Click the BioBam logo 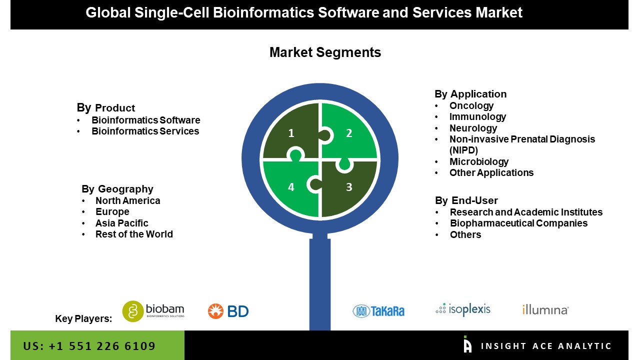(x=153, y=310)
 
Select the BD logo (x=228, y=311)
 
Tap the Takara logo (x=378, y=311)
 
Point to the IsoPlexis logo (x=463, y=309)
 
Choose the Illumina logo (x=545, y=310)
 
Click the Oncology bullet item (x=471, y=105)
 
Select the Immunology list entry (x=477, y=116)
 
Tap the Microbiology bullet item (x=478, y=161)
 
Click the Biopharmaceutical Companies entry (x=518, y=223)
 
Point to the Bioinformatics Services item (x=145, y=131)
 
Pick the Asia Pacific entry (x=121, y=223)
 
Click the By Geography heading (x=117, y=189)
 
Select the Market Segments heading (x=325, y=52)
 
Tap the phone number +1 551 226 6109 (x=89, y=346)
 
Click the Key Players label (x=83, y=318)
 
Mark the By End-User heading (x=466, y=200)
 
